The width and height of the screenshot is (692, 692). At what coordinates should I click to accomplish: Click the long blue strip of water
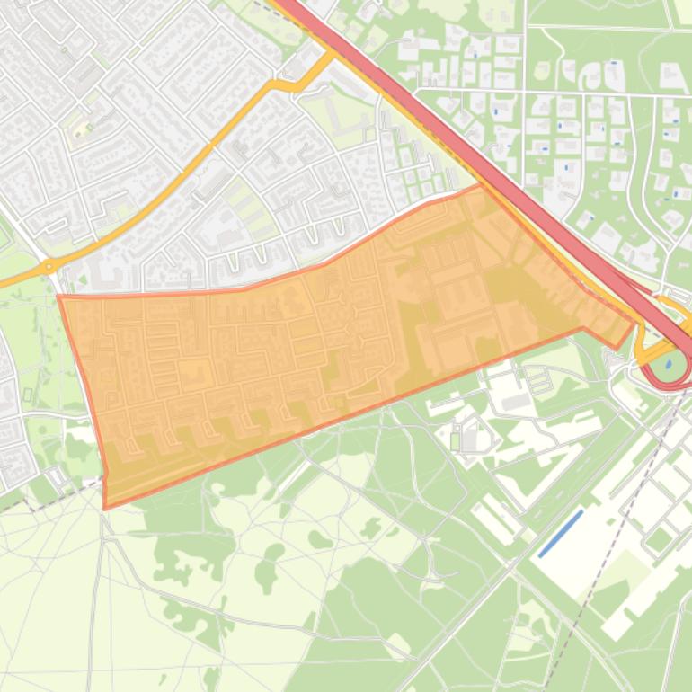click(x=561, y=533)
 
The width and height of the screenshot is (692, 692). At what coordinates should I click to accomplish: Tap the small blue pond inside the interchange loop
click(x=668, y=365)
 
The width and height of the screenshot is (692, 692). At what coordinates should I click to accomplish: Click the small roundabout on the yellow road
click(x=47, y=267)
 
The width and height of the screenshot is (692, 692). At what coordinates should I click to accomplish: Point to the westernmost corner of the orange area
click(x=59, y=296)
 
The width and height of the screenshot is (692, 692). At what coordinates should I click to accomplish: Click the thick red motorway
click(x=485, y=162)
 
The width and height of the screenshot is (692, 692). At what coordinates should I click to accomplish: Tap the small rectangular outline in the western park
click(x=27, y=395)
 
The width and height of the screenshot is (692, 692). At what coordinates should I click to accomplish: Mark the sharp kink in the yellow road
click(x=274, y=84)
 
